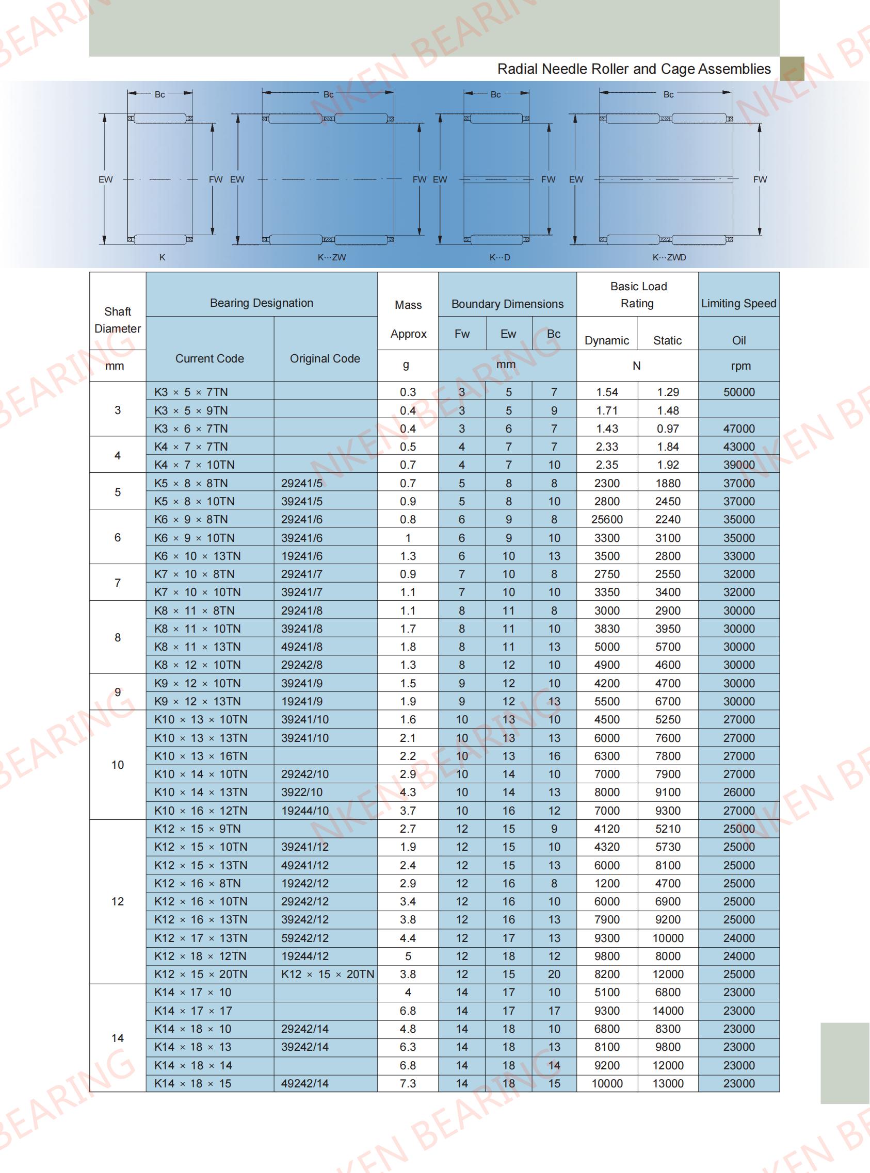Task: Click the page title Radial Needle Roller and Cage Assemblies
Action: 634,69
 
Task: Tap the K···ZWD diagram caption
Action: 669,257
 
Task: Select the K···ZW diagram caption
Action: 332,257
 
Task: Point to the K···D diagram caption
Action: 500,257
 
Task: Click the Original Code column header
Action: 325,358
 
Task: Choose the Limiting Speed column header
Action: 738,303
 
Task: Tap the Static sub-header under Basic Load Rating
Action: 667,340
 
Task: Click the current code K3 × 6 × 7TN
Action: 191,428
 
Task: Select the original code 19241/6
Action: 302,556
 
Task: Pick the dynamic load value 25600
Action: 607,519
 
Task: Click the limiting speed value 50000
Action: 739,392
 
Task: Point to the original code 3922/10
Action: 302,792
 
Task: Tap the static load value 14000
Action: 668,1011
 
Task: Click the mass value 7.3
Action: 408,1083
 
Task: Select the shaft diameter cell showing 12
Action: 118,901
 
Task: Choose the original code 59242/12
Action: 305,938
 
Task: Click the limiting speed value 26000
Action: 739,792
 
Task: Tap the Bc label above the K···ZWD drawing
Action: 668,95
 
